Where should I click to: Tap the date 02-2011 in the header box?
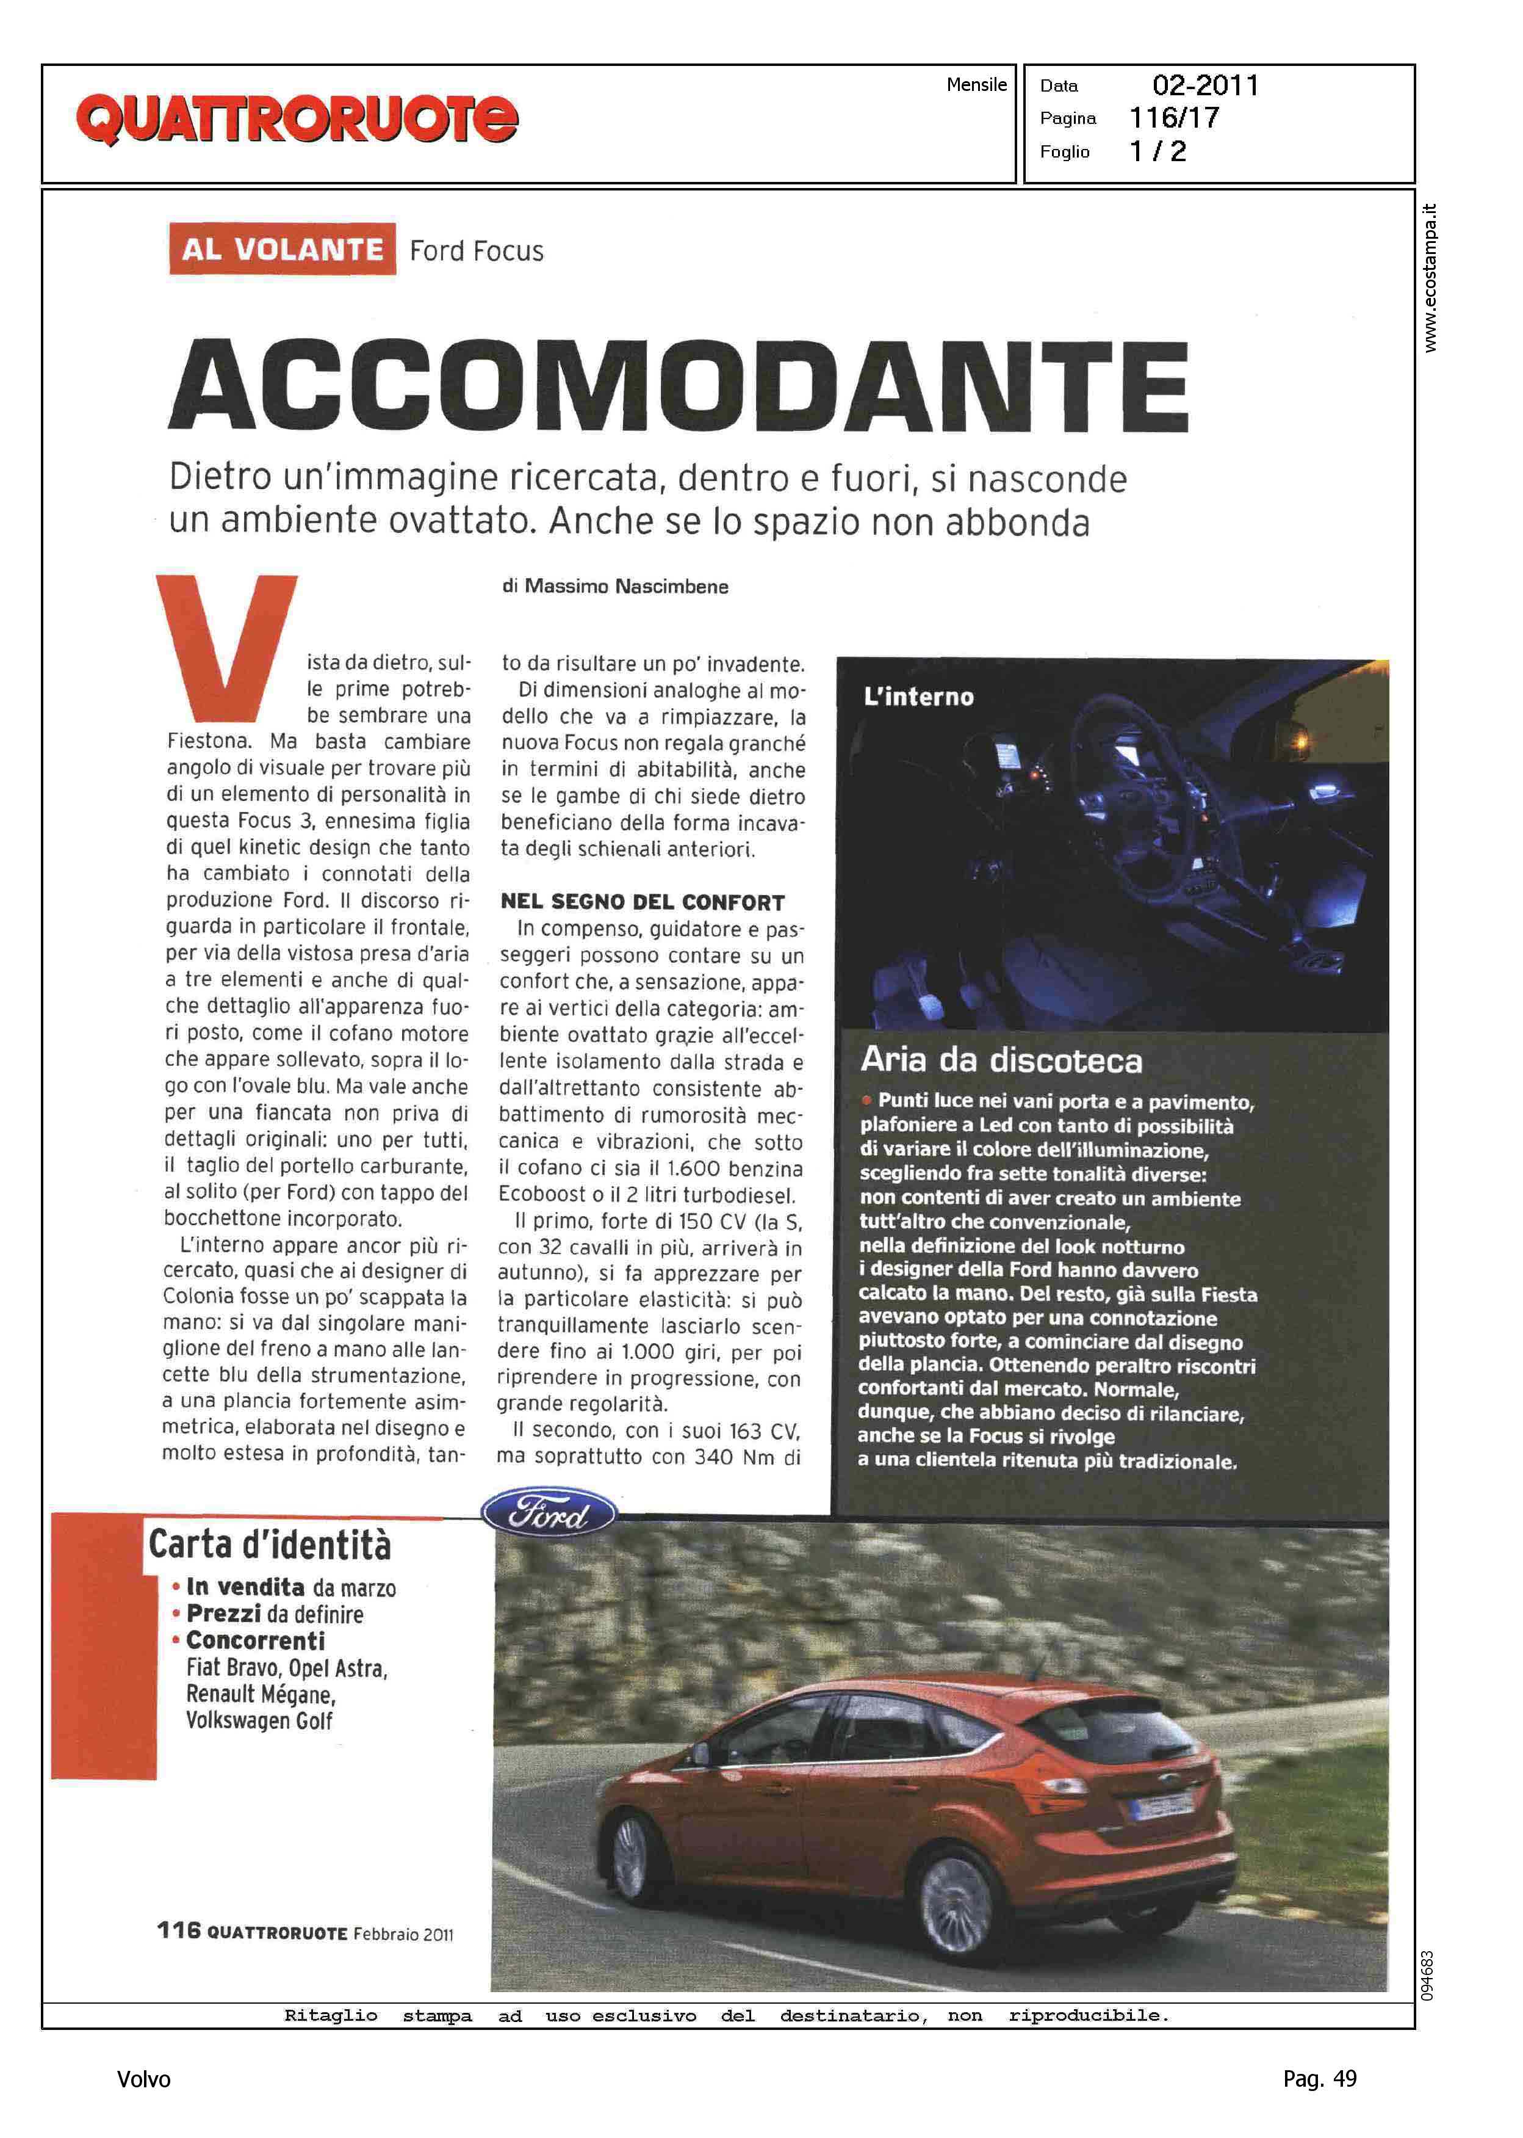click(x=1205, y=85)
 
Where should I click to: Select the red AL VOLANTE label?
click(x=283, y=250)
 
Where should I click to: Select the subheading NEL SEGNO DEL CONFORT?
click(x=643, y=902)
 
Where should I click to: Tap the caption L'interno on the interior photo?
click(x=918, y=697)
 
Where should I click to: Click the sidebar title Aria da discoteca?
click(x=1001, y=1061)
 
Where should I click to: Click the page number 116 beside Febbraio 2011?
click(x=178, y=1930)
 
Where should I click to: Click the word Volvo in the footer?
click(x=143, y=2080)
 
